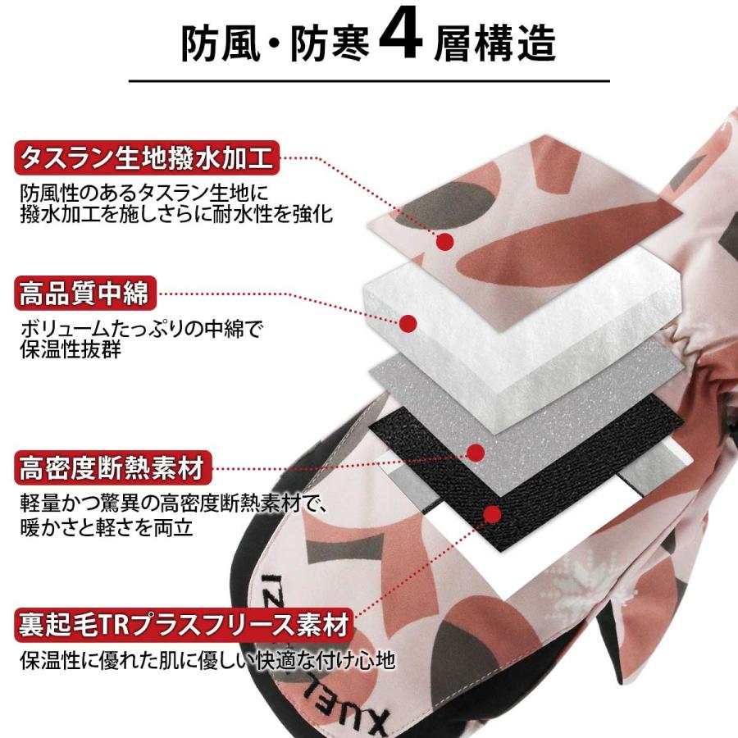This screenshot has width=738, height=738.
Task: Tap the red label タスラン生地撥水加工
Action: click(x=147, y=157)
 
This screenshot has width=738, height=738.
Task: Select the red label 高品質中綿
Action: click(x=85, y=293)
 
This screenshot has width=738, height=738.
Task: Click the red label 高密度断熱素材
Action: click(x=113, y=467)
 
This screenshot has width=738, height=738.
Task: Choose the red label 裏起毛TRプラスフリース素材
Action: click(x=184, y=625)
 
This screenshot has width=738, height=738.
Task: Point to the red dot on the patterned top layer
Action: click(x=444, y=242)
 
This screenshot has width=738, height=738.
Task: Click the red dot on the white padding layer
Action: click(x=408, y=323)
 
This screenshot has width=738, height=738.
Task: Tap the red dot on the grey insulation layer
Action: click(x=476, y=453)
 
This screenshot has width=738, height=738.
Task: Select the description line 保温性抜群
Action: click(x=71, y=349)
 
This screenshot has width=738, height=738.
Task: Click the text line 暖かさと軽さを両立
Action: click(x=107, y=527)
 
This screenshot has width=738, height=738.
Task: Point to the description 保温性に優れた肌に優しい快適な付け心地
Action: click(x=207, y=660)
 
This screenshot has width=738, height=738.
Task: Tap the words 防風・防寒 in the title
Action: click(x=276, y=43)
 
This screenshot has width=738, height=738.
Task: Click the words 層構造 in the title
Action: click(x=494, y=43)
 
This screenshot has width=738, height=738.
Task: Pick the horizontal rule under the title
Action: click(x=370, y=81)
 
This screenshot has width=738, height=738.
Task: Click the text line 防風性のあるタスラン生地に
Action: click(x=144, y=193)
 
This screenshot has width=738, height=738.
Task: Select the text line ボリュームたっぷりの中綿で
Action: click(x=141, y=329)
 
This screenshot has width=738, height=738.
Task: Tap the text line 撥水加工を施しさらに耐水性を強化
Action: click(x=176, y=214)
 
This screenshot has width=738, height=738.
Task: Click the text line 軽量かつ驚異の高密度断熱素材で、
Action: click(x=173, y=504)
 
